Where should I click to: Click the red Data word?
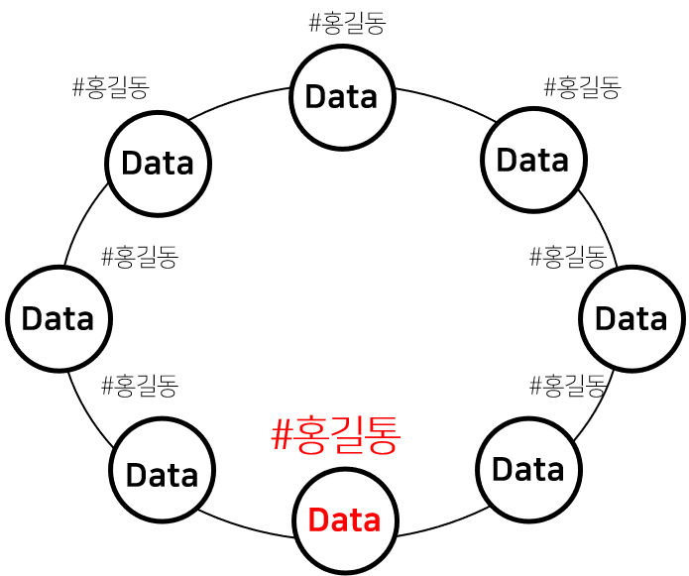tap(344, 520)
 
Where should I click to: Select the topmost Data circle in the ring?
tap(343, 97)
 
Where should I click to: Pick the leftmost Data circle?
tap(58, 319)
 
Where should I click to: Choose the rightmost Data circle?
tap(632, 319)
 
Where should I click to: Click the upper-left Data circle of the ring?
tap(158, 164)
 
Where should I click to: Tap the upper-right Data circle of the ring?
tap(533, 160)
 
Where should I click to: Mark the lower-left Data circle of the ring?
tap(163, 470)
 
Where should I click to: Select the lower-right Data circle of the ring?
tap(528, 469)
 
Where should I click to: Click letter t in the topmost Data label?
tap(352, 97)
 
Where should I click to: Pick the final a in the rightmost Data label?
tap(657, 320)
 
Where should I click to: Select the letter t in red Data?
tap(354, 520)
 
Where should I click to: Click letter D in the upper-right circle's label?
tap(507, 160)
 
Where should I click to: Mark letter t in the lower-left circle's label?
tap(172, 475)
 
